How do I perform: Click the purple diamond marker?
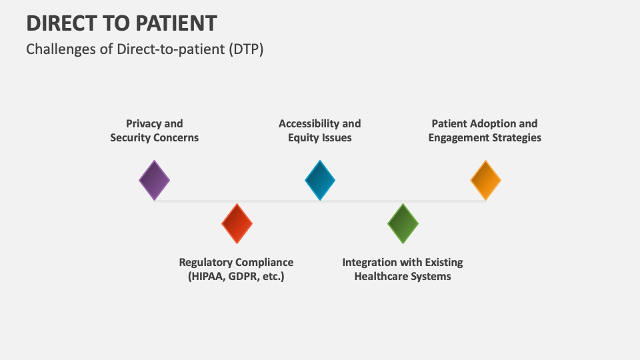154,180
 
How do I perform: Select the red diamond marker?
237,223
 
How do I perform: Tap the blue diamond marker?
320,180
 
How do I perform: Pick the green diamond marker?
403,223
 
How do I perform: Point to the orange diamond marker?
485,180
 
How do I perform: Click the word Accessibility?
309,123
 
